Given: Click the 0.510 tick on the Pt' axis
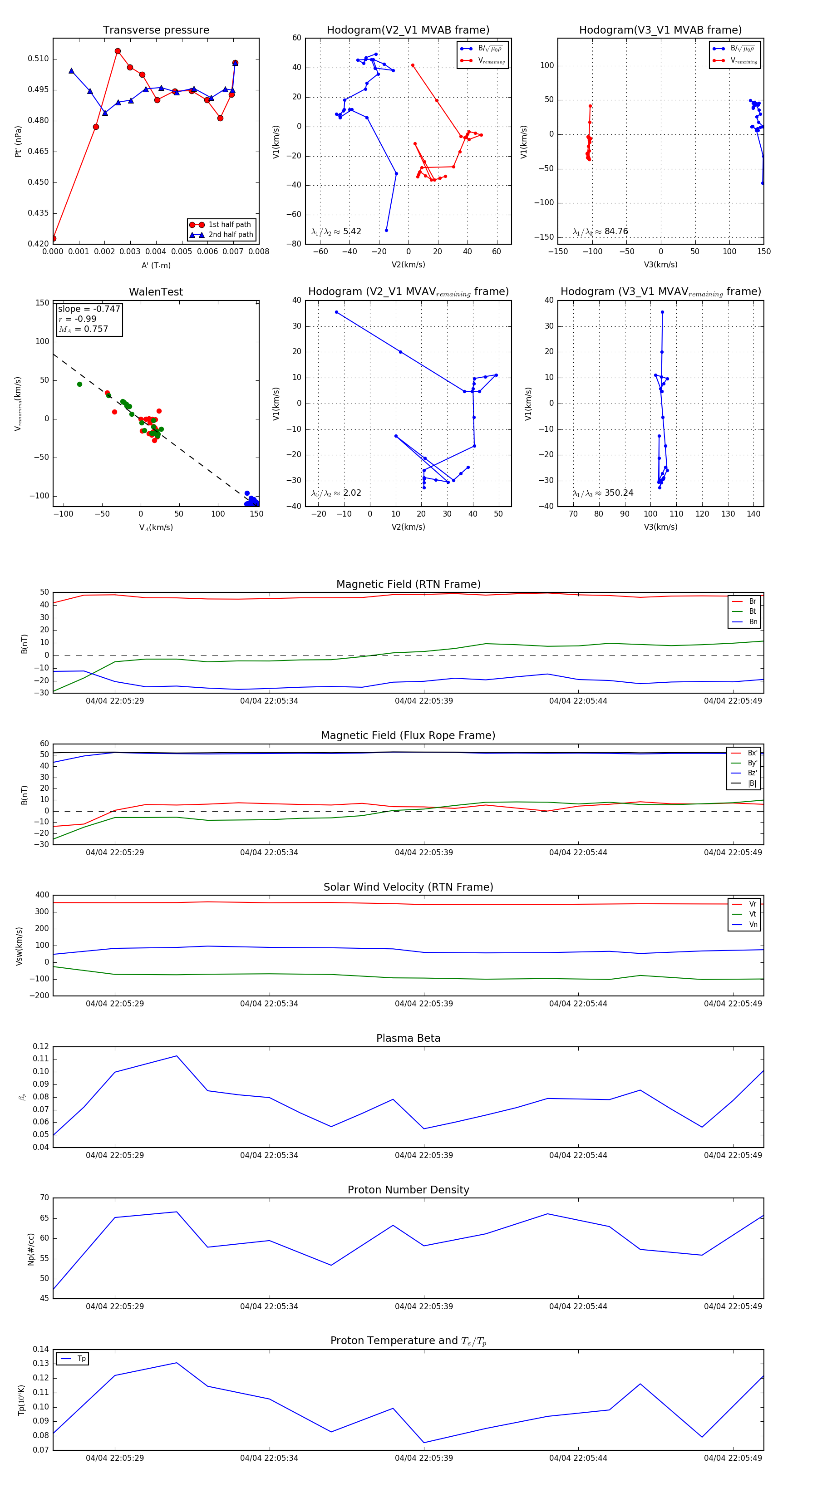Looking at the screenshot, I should click(x=39, y=59).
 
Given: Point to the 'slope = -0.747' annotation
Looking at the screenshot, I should click(x=89, y=309).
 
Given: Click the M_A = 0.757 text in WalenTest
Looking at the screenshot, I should click(x=83, y=329).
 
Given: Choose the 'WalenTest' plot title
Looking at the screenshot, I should click(x=156, y=292).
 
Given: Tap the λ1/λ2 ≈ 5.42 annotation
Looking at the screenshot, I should click(x=336, y=232).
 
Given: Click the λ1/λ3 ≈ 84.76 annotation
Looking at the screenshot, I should click(x=600, y=232).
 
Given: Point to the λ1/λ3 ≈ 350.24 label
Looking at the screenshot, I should click(x=602, y=493).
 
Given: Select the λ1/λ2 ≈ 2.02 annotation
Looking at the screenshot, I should click(x=336, y=493).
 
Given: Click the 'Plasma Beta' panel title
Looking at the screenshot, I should click(x=408, y=1038).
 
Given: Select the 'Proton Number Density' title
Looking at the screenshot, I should click(x=408, y=1190).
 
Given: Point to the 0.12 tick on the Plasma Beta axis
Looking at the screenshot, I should click(x=41, y=1046).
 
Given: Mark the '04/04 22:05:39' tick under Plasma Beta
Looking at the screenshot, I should click(x=423, y=1155).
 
